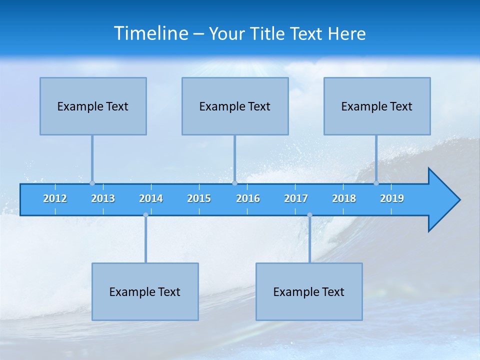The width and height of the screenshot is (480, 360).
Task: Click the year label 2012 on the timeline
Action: [x=55, y=198]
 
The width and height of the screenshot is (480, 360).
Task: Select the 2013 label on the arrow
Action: [x=103, y=198]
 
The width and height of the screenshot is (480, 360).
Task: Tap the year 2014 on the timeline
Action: [x=151, y=198]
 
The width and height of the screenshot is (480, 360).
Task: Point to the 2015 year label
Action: [x=199, y=198]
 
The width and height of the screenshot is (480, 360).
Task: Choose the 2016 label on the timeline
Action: [x=248, y=198]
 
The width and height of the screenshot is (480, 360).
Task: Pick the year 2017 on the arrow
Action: [x=296, y=198]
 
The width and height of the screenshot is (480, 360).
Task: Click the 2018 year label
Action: [x=344, y=198]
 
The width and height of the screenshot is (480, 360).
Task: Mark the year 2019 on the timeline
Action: [x=392, y=198]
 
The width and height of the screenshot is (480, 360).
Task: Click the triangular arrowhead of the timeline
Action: [x=443, y=200]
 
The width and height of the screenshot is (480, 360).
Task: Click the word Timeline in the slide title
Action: [x=151, y=33]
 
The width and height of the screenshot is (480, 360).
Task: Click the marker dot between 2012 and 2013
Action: [x=92, y=183]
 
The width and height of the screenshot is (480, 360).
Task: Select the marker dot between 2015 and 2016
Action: [x=234, y=183]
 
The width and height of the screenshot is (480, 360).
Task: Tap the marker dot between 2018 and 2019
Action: [x=376, y=183]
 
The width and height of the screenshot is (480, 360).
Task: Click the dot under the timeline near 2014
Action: [x=145, y=215]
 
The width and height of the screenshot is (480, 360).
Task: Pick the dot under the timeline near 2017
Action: [x=309, y=215]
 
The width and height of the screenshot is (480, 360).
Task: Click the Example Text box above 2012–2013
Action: [x=93, y=106]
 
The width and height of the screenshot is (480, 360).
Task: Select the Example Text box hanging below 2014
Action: [x=145, y=291]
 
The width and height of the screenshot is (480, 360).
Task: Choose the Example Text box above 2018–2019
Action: [x=377, y=106]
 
